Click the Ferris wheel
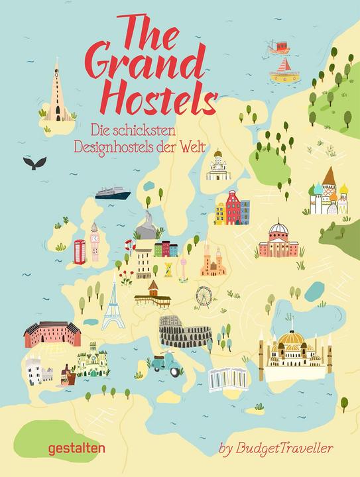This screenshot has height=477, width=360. (x=204, y=294)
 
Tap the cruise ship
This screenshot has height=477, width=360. (x=114, y=192)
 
